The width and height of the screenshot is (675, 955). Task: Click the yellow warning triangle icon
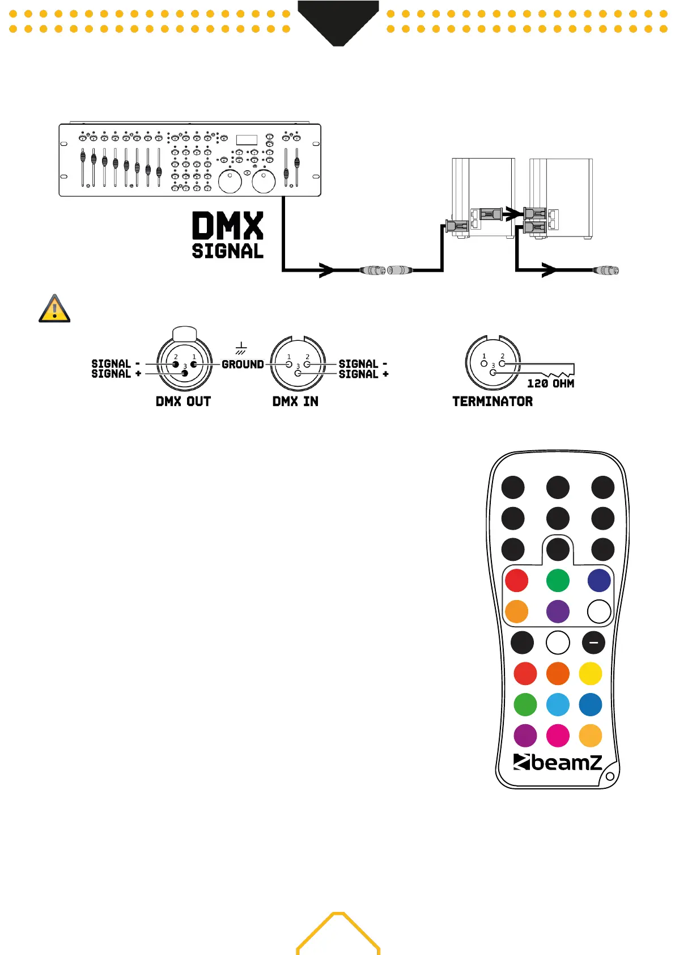click(54, 309)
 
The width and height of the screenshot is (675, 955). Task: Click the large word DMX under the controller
click(227, 226)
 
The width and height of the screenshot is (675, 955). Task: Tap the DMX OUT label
click(183, 402)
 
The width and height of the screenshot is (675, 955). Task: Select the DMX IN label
click(295, 402)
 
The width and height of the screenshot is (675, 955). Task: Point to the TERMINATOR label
click(492, 402)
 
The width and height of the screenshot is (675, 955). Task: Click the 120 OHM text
click(550, 384)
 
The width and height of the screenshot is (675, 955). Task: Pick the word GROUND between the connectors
click(243, 365)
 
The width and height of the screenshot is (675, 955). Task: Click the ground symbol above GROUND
click(241, 348)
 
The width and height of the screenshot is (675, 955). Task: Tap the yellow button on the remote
click(591, 674)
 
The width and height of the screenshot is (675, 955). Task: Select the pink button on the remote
click(558, 736)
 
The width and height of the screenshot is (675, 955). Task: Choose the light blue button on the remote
click(558, 705)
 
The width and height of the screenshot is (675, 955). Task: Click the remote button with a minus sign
click(593, 643)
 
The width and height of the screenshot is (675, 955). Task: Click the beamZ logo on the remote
click(558, 762)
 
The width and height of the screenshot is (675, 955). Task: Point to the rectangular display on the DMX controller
click(247, 140)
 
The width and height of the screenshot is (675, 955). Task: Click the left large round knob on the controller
click(230, 181)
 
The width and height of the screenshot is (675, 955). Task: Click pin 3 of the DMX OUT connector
click(185, 373)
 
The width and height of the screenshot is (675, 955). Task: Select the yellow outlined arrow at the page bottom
click(338, 933)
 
